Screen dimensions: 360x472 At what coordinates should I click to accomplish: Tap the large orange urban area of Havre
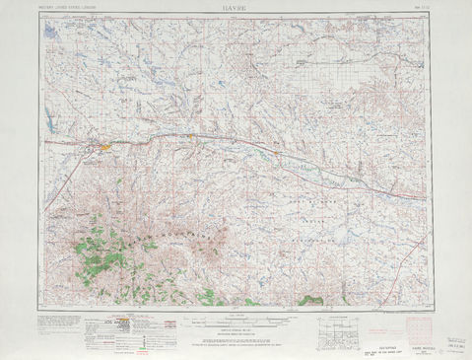tap(104, 148)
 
